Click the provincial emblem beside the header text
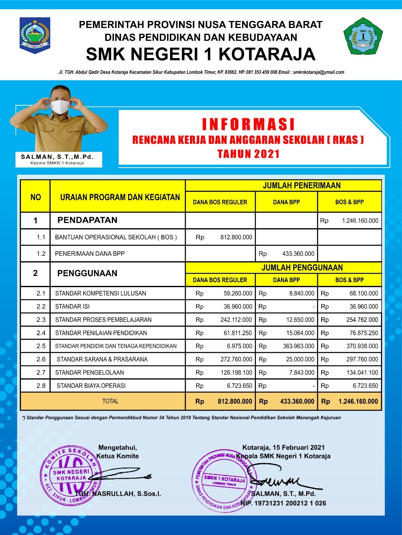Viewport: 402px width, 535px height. pyautogui.click(x=35, y=35)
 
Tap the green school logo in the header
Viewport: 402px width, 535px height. pyautogui.click(x=363, y=36)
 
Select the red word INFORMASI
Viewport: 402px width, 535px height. pyautogui.click(x=248, y=125)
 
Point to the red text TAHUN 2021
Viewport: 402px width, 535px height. pyautogui.click(x=248, y=154)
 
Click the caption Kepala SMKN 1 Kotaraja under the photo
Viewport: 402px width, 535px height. pyautogui.click(x=57, y=163)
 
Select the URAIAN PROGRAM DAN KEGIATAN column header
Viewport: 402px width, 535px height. pyautogui.click(x=120, y=197)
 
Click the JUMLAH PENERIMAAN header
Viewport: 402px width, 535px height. pyautogui.click(x=301, y=186)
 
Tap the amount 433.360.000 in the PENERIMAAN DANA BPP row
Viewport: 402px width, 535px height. pyautogui.click(x=298, y=254)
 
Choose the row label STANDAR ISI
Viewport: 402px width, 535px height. pyautogui.click(x=72, y=306)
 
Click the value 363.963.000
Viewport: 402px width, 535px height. pyautogui.click(x=298, y=346)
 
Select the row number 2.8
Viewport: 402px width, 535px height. pyautogui.click(x=41, y=386)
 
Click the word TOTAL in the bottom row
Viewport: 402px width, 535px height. pyautogui.click(x=110, y=401)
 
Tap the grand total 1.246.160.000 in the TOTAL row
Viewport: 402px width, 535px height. pyautogui.click(x=358, y=401)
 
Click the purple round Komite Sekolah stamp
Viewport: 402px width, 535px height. pyautogui.click(x=70, y=476)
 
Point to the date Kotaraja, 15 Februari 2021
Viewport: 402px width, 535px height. pyautogui.click(x=283, y=447)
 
